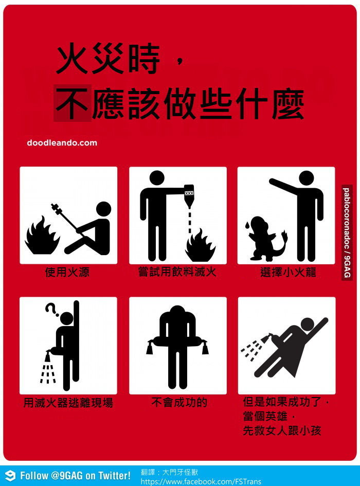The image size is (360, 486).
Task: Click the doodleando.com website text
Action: coord(62,143)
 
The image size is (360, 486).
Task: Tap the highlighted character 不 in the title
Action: coord(72,103)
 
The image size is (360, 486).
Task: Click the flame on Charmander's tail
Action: coord(284,233)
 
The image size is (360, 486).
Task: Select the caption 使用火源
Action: coord(67,272)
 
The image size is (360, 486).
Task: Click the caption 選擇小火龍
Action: coord(288,272)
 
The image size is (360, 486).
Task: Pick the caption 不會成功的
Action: coord(179,402)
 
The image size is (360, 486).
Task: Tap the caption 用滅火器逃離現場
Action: coord(68,403)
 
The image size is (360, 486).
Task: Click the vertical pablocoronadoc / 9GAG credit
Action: coord(347,233)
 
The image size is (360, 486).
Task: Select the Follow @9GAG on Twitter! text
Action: coord(76,476)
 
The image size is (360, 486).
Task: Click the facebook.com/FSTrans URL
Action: coord(201,481)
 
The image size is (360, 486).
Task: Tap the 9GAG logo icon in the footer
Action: coord(10,476)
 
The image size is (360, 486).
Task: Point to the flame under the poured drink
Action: coord(200,245)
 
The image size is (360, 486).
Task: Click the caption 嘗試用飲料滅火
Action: coord(177,272)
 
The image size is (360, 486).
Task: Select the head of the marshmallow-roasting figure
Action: coord(103,209)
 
